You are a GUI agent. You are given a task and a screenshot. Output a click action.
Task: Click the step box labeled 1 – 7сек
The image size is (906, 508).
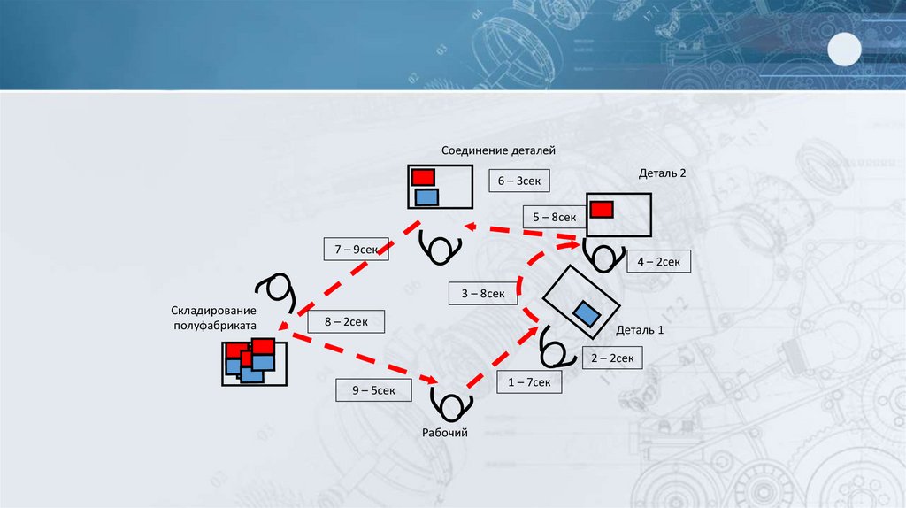click(x=524, y=382)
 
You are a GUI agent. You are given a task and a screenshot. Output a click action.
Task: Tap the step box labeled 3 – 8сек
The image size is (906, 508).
click(x=483, y=293)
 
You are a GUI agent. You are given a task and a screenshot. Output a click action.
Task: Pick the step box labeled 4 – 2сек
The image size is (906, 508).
click(x=658, y=261)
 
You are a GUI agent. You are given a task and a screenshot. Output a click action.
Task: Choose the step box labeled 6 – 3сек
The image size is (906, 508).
click(x=519, y=181)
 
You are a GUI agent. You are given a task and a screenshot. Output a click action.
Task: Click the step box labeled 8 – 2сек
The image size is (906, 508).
click(x=346, y=321)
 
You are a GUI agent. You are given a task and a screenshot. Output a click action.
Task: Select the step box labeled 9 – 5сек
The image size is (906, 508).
click(x=372, y=389)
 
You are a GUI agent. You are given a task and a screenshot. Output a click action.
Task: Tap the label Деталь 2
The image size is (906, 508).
click(x=662, y=173)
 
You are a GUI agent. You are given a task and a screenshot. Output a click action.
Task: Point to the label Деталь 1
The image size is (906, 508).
click(x=640, y=330)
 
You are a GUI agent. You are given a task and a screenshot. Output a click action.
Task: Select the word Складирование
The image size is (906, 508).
click(x=214, y=311)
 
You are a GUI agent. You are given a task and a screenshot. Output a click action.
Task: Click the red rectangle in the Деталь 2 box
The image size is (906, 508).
click(x=602, y=209)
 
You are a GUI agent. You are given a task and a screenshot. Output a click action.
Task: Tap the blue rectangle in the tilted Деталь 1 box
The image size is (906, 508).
click(x=586, y=312)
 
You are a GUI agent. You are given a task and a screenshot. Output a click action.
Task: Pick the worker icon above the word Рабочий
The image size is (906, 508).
click(x=450, y=404)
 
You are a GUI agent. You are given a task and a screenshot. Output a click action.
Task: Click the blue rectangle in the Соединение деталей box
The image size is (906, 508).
click(x=426, y=196)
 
